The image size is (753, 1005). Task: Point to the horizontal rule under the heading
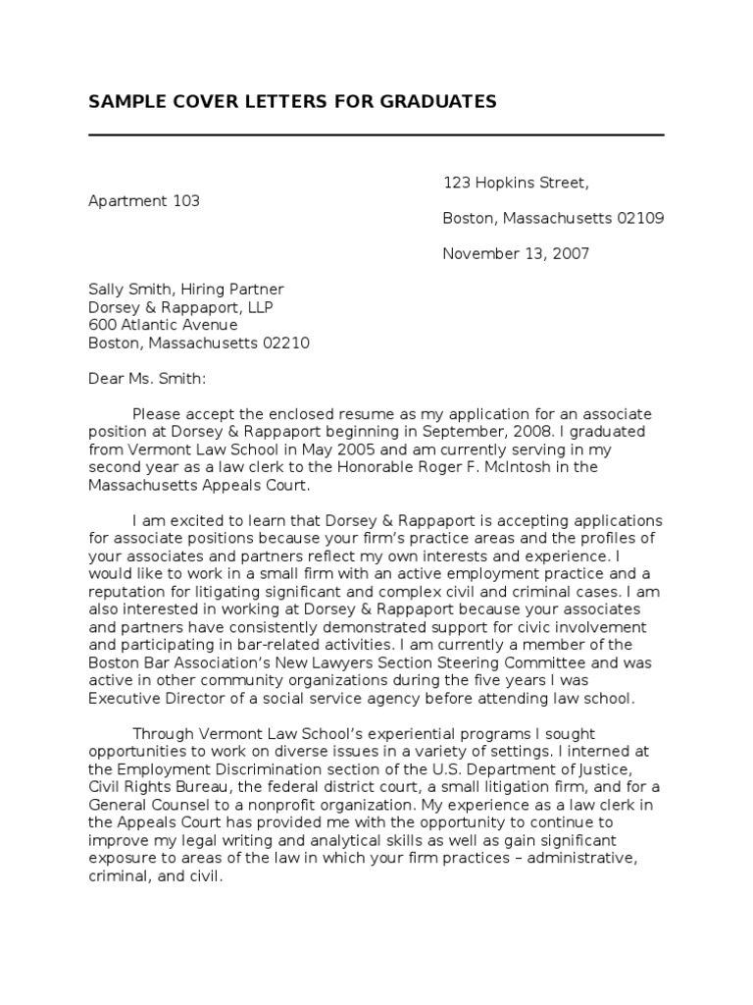[376, 134]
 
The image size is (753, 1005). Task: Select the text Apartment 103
[144, 200]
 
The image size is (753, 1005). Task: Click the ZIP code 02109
[640, 218]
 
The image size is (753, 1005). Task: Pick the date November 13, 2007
[516, 253]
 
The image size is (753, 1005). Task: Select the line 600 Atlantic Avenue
[163, 325]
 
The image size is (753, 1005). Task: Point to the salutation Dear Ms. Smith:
[148, 379]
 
